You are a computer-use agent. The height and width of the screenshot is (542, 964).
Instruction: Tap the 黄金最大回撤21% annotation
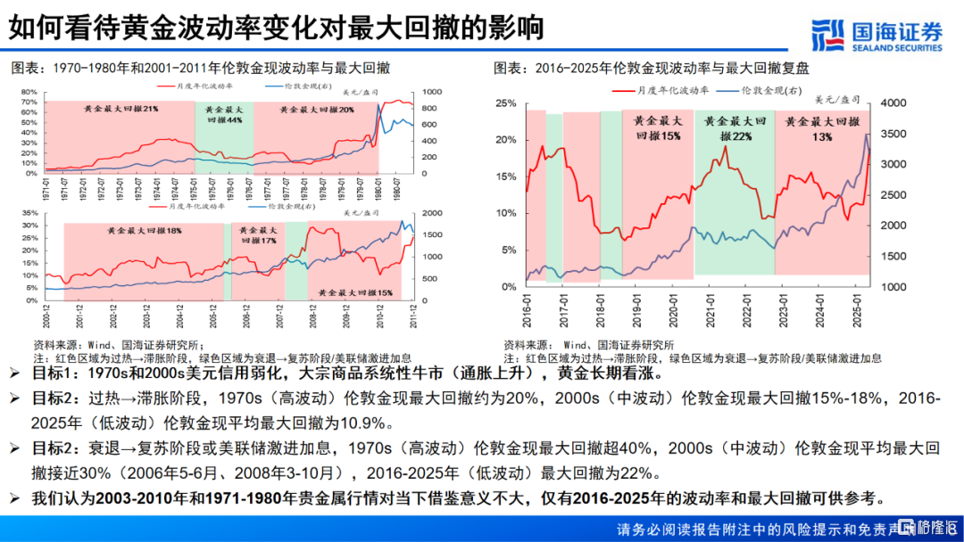point(121,109)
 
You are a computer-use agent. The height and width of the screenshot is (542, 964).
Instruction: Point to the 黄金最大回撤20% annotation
point(317,109)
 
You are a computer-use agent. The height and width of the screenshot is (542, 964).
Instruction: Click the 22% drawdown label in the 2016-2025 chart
point(733,136)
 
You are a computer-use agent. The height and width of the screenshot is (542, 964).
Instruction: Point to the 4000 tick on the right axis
point(893,103)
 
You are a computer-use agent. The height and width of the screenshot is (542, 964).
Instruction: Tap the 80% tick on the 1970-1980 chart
point(27,92)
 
